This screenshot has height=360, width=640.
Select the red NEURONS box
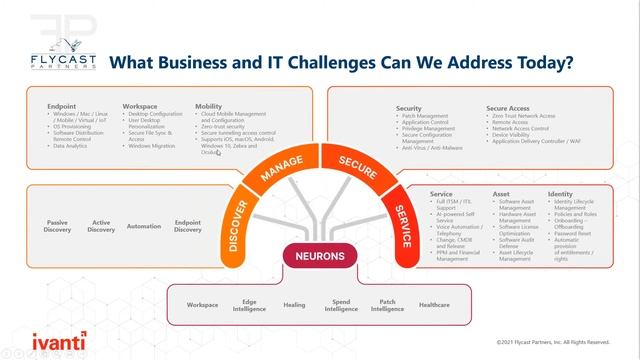tap(320, 256)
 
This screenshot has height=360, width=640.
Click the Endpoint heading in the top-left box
tap(61, 106)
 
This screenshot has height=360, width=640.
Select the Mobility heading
tap(209, 106)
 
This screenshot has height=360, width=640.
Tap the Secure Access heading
tap(508, 107)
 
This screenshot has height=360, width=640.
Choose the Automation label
tap(144, 226)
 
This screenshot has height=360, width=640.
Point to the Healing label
tap(294, 305)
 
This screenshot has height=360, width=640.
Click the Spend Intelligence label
tap(341, 305)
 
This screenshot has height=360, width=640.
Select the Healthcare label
tap(434, 305)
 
